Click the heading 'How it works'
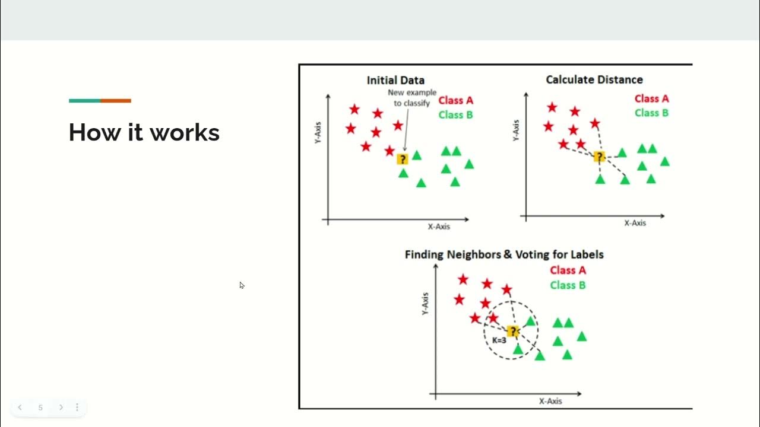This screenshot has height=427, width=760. coord(144,132)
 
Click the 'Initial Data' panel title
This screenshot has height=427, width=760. coord(395,80)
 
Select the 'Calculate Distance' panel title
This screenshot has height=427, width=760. coord(594,79)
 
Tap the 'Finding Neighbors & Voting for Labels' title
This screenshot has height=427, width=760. coord(504,254)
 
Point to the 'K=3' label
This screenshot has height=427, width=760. coord(499,340)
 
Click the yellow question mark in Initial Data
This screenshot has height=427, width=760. coord(403,159)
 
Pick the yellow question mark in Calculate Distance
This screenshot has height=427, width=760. coord(599,157)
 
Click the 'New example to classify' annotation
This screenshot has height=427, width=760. coord(411,98)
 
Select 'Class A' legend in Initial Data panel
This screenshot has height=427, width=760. coord(455,100)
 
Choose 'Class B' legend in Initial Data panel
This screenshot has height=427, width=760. coord(455,114)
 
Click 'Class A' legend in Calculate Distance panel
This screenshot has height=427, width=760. coord(651,98)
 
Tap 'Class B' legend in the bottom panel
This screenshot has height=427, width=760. coord(568,285)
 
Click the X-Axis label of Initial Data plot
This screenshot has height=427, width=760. coord(439,227)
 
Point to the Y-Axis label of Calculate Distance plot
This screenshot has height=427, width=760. coord(515,130)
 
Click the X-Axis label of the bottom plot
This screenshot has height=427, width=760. coord(550,401)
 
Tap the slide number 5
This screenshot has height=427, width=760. coord(40,407)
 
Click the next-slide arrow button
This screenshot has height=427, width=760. coord(61,407)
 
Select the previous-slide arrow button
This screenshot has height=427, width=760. coord(20,407)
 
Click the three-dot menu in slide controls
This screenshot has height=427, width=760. coord(77,407)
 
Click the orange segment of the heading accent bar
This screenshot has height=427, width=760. coord(116,101)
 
